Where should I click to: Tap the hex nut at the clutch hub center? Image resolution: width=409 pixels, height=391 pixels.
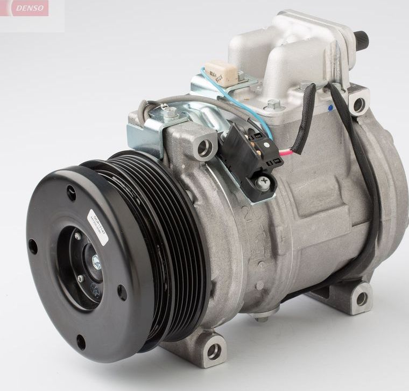(x=96, y=262)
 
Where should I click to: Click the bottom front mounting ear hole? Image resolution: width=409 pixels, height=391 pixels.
(x=214, y=351)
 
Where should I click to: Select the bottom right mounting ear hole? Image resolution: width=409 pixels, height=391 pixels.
(x=362, y=298)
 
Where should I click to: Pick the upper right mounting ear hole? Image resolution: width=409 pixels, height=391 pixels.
(x=358, y=104)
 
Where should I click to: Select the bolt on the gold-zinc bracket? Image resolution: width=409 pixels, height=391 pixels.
(x=171, y=113)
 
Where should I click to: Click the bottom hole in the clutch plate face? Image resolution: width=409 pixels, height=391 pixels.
(x=81, y=341)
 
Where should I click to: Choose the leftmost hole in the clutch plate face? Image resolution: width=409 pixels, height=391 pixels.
(x=33, y=247)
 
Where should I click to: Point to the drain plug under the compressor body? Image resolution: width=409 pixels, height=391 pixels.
(x=262, y=318)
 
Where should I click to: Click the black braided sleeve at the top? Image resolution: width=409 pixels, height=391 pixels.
(x=307, y=116)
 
